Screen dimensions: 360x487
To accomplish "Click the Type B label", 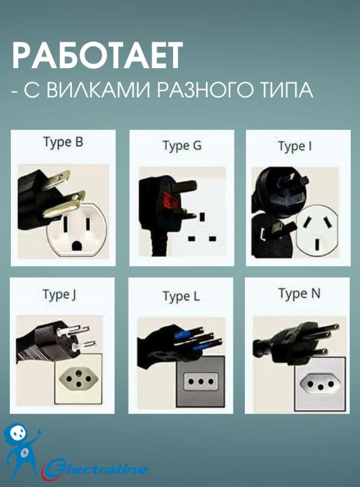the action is click(63, 142).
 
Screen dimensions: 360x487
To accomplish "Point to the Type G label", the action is click(182, 145).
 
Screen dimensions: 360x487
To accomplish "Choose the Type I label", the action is click(295, 146).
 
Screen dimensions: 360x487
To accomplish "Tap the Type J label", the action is click(59, 295).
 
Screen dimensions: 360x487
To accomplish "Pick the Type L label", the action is click(181, 296).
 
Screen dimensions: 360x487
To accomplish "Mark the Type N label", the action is click(299, 294).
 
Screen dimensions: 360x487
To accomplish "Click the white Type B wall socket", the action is click(77, 229).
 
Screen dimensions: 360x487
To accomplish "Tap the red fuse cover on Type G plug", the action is click(168, 200).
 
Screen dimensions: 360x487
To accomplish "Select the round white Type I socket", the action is click(317, 233).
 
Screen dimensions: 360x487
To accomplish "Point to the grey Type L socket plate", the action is click(200, 382).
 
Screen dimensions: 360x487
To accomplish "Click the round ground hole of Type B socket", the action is click(77, 246).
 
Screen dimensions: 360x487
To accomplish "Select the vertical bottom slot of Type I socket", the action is click(317, 244).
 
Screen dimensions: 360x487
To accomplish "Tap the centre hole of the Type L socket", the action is click(200, 382).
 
